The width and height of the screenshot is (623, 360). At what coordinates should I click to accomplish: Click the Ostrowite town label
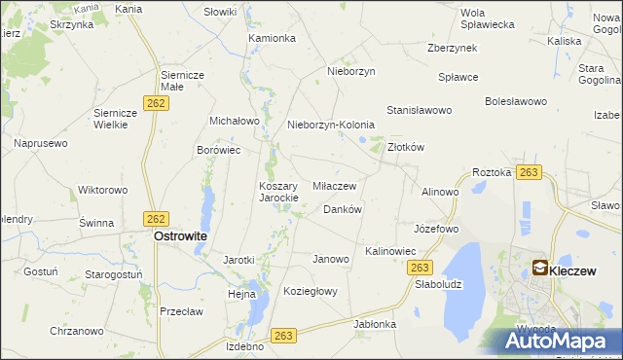[180, 235]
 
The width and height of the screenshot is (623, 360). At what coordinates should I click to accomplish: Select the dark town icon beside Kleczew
[539, 268]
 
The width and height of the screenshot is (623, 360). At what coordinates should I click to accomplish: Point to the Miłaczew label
[334, 185]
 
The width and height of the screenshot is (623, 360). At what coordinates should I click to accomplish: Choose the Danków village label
[343, 209]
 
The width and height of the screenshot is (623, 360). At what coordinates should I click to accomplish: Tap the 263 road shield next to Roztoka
[529, 172]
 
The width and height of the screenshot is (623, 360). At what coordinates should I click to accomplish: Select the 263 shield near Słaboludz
[420, 268]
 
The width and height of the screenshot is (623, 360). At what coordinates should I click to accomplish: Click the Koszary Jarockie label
[284, 192]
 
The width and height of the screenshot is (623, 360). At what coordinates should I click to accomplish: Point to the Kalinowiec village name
[390, 251]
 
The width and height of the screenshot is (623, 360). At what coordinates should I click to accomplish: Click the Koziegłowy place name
[310, 291]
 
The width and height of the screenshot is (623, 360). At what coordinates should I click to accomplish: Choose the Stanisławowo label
[420, 111]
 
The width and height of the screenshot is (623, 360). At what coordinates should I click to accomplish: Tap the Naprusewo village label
[41, 143]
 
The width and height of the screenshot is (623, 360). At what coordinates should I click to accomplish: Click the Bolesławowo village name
[516, 100]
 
